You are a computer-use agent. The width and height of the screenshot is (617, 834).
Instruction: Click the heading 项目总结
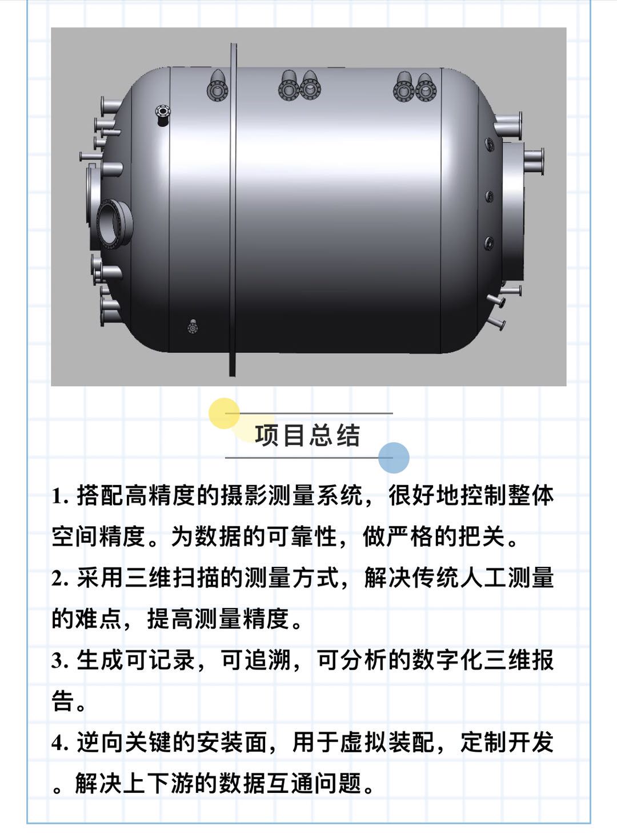[307, 435]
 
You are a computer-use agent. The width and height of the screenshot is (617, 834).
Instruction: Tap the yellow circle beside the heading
[224, 413]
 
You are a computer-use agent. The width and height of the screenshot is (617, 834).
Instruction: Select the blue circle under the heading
[394, 458]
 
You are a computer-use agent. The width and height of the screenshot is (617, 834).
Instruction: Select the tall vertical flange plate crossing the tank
[233, 209]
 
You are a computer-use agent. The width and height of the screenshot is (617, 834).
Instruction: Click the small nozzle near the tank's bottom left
[193, 327]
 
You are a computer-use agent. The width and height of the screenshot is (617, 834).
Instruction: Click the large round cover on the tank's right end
[513, 211]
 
